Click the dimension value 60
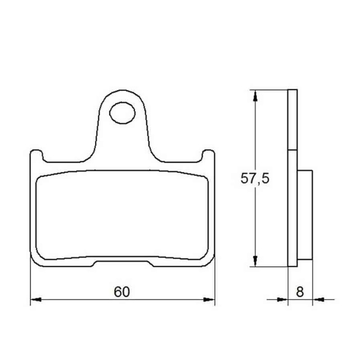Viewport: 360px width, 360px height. [x=122, y=292]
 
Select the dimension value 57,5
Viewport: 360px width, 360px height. [x=255, y=178]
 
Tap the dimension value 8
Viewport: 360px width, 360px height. [x=300, y=292]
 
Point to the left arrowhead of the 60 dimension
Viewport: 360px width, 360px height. [x=36, y=300]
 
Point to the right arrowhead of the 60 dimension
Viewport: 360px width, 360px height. [x=209, y=300]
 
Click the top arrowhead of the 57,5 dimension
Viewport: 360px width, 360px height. [x=255, y=96]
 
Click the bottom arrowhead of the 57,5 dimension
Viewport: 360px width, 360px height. [x=255, y=261]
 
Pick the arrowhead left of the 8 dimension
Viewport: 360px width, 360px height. [x=283, y=299]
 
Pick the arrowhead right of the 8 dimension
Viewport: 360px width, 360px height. [x=318, y=299]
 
